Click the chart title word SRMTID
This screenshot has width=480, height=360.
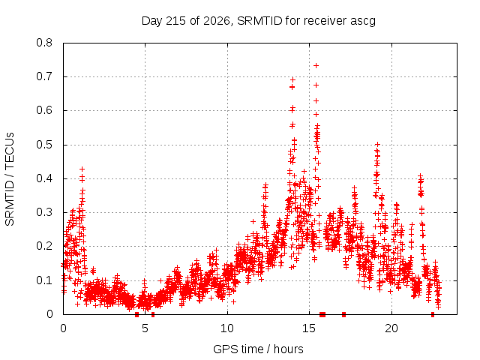pyautogui.click(x=259, y=21)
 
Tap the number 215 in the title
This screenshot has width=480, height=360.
pyautogui.click(x=175, y=21)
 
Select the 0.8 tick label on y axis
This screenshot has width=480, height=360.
pyautogui.click(x=44, y=43)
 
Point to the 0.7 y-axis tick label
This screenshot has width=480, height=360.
pyautogui.click(x=44, y=76)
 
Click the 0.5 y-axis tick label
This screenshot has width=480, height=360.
pyautogui.click(x=44, y=145)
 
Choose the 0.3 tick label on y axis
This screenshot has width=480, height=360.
pyautogui.click(x=44, y=212)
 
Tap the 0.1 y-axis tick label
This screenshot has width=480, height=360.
pyautogui.click(x=44, y=280)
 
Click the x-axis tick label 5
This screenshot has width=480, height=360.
pyautogui.click(x=145, y=328)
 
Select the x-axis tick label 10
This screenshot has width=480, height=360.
pyautogui.click(x=227, y=328)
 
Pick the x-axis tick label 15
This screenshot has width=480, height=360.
pyautogui.click(x=309, y=328)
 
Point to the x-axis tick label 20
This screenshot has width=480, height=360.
pyautogui.click(x=391, y=328)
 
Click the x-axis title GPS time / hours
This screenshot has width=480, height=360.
pyautogui.click(x=258, y=349)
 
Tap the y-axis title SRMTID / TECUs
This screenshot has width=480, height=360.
pyautogui.click(x=10, y=179)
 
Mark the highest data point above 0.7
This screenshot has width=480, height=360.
pyautogui.click(x=316, y=65)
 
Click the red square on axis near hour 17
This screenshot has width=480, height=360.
pyautogui.click(x=343, y=314)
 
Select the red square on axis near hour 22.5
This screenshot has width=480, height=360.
pyautogui.click(x=433, y=314)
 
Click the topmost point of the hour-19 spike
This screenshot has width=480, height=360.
pyautogui.click(x=377, y=144)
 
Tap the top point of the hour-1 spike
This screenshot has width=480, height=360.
pyautogui.click(x=82, y=169)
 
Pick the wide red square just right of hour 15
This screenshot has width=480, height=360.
pyautogui.click(x=322, y=314)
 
